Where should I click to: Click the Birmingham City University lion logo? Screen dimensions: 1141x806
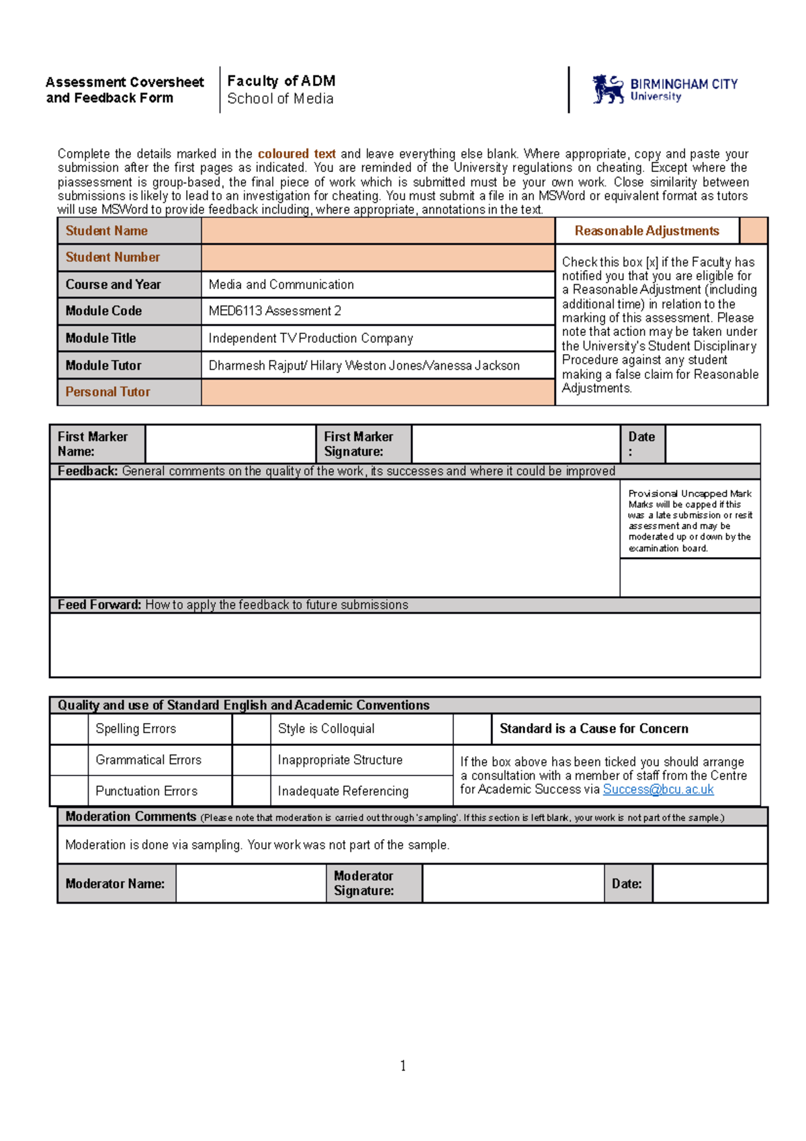[609, 89]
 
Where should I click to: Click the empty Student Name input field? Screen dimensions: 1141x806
[377, 231]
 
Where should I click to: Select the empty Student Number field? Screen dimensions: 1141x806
[377, 258]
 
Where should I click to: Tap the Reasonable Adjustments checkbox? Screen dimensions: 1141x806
[753, 231]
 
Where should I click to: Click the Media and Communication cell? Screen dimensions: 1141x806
[281, 285]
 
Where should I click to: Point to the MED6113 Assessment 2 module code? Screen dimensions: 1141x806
[275, 311]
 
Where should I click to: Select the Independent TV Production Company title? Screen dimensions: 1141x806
[310, 339]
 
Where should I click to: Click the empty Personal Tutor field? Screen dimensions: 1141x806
[377, 392]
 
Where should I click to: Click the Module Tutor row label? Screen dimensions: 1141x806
[103, 366]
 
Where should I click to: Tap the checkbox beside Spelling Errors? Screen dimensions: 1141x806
[69, 729]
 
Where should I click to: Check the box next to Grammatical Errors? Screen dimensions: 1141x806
[69, 760]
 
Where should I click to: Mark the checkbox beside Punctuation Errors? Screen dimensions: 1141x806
[69, 791]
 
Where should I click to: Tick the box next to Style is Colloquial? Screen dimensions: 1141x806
[251, 729]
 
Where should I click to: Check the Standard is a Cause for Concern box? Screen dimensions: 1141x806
[472, 729]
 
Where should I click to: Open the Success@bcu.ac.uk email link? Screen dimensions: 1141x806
[658, 790]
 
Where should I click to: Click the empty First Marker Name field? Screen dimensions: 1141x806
[230, 444]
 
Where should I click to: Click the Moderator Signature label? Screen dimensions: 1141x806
[364, 884]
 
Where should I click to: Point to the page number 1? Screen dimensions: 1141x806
[403, 1066]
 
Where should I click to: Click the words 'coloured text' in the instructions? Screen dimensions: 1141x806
[296, 154]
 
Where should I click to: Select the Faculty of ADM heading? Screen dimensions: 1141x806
[281, 81]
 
